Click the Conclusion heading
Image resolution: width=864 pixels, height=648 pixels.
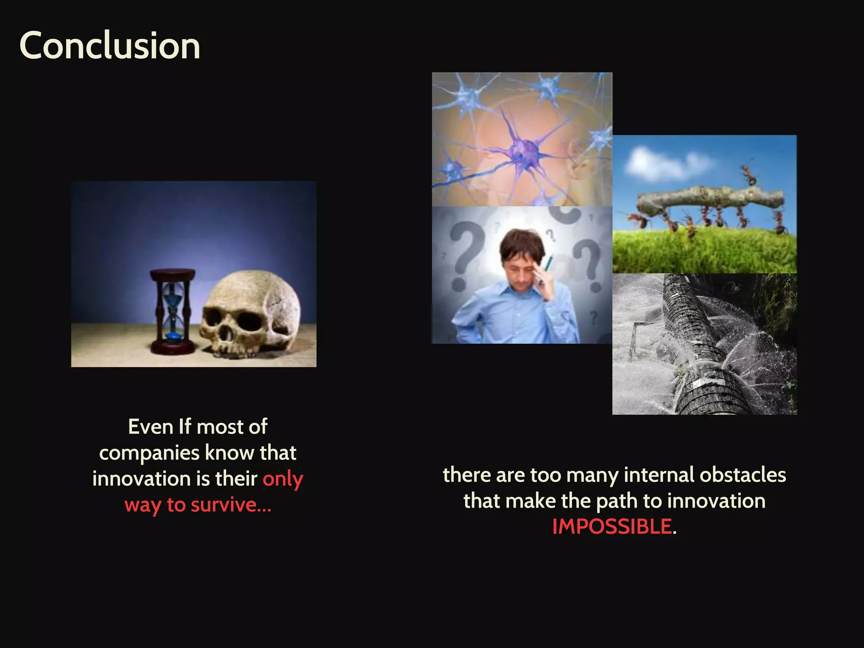point(110,46)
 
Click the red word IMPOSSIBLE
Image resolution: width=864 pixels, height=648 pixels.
point(612,526)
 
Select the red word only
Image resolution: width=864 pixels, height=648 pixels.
point(283,479)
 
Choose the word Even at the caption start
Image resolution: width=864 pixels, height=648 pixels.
point(151,427)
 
